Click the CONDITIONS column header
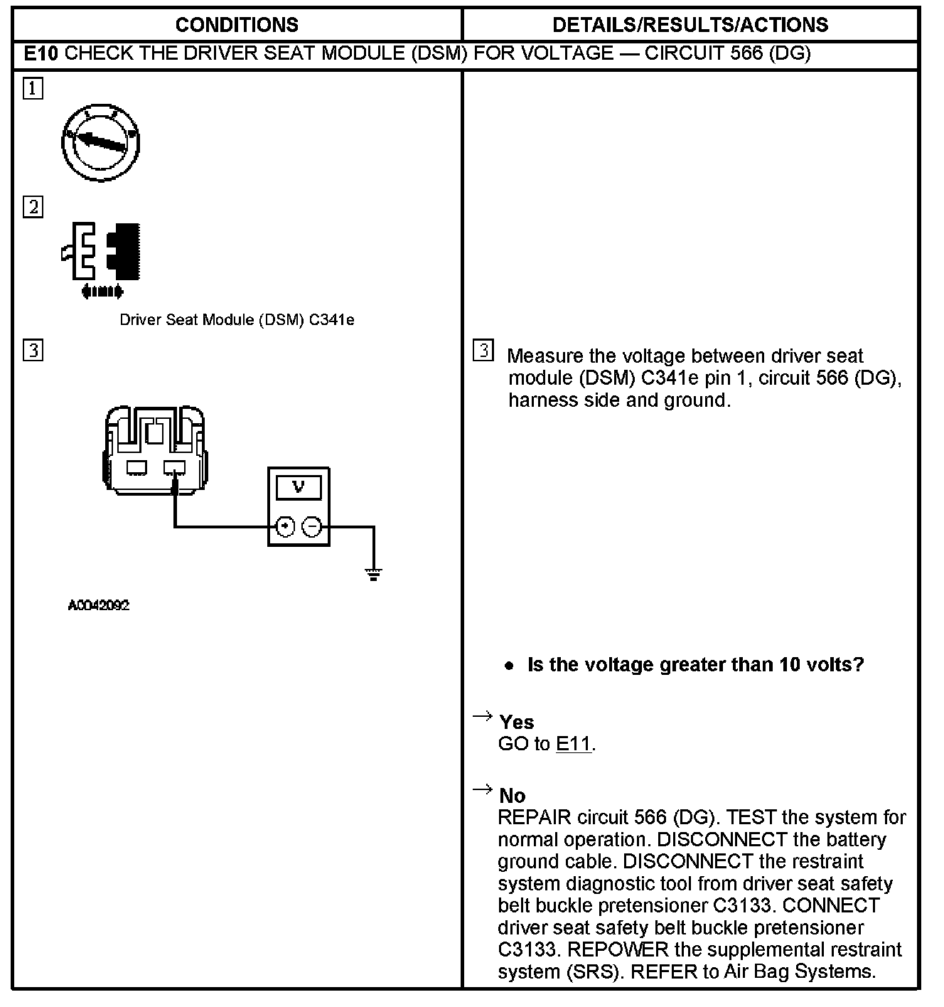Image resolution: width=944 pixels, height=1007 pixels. pyautogui.click(x=237, y=25)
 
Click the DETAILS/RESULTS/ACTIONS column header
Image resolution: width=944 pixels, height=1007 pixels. pyautogui.click(x=690, y=25)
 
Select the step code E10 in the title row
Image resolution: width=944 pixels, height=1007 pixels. pyautogui.click(x=41, y=53)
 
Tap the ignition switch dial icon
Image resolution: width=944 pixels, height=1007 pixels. pyautogui.click(x=100, y=141)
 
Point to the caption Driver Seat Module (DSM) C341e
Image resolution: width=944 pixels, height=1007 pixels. pyautogui.click(x=237, y=320)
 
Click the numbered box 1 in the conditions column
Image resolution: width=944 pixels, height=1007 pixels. pyautogui.click(x=33, y=90)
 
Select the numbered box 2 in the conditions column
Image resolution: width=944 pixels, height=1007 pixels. pyautogui.click(x=33, y=207)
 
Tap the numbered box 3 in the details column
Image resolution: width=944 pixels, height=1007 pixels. pyautogui.click(x=483, y=351)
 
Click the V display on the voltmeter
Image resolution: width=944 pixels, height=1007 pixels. pyautogui.click(x=299, y=488)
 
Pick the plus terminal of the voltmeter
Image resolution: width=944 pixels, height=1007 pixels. pyautogui.click(x=285, y=527)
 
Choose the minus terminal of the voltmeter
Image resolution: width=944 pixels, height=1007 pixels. pyautogui.click(x=313, y=527)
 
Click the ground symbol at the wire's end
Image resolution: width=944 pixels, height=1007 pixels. pyautogui.click(x=374, y=573)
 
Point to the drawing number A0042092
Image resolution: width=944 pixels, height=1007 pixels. pyautogui.click(x=99, y=606)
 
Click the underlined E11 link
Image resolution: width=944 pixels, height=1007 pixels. pyautogui.click(x=574, y=745)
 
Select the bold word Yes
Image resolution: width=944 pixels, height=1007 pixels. pyautogui.click(x=517, y=723)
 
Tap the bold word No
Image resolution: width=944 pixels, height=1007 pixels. pyautogui.click(x=513, y=796)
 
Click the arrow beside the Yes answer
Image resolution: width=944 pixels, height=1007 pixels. pyautogui.click(x=483, y=716)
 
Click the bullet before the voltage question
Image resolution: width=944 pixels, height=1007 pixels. pyautogui.click(x=508, y=666)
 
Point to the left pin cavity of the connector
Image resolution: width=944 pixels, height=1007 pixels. pyautogui.click(x=136, y=467)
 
